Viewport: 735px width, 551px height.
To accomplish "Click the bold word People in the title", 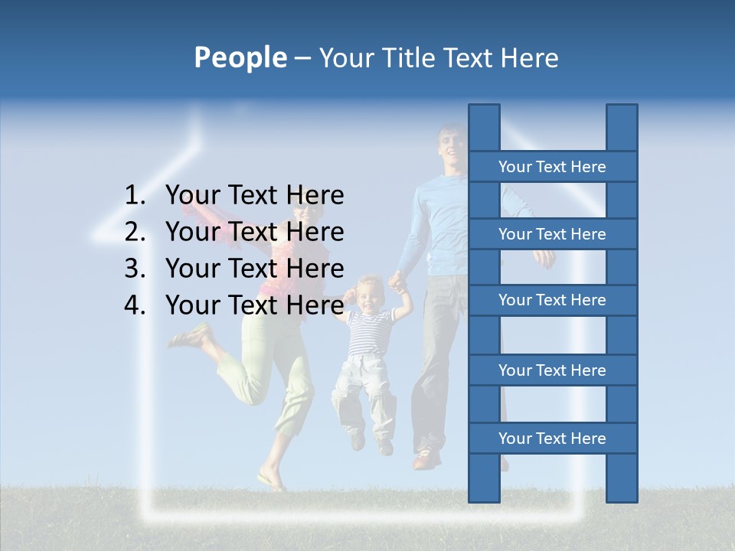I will [240, 57].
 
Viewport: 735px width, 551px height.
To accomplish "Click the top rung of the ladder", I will [552, 167].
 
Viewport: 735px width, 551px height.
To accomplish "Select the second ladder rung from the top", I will [552, 234].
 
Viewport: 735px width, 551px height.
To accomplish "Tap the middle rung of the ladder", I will [552, 300].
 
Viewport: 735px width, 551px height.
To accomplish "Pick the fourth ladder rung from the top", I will [552, 370].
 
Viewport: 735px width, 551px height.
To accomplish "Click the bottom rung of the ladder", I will [552, 439].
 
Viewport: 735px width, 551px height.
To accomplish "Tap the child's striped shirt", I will [370, 334].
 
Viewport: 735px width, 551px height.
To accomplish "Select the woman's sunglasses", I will [300, 209].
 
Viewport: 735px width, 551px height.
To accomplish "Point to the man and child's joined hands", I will [397, 282].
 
